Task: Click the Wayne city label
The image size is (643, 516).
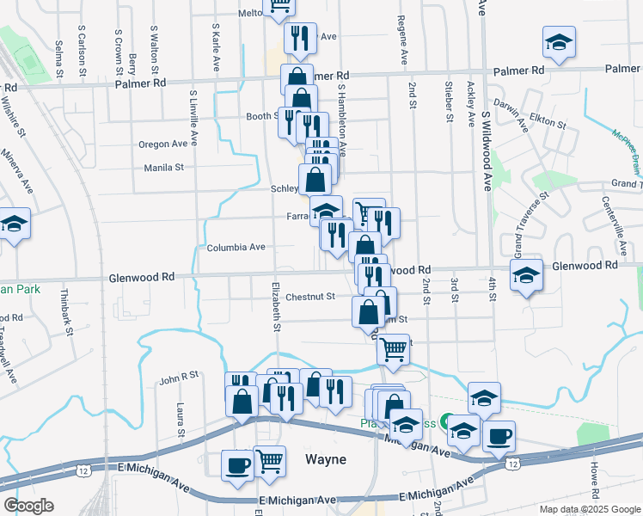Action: click(x=327, y=460)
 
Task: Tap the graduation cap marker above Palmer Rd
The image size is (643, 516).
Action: click(x=559, y=43)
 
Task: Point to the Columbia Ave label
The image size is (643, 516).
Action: click(x=236, y=247)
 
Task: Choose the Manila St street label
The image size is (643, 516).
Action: click(x=164, y=168)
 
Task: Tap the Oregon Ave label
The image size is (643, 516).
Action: click(x=162, y=144)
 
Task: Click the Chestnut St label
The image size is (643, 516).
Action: click(x=309, y=297)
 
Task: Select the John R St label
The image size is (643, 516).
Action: click(x=179, y=375)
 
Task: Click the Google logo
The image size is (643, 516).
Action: click(x=28, y=506)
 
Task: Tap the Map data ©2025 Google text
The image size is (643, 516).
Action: click(x=590, y=509)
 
